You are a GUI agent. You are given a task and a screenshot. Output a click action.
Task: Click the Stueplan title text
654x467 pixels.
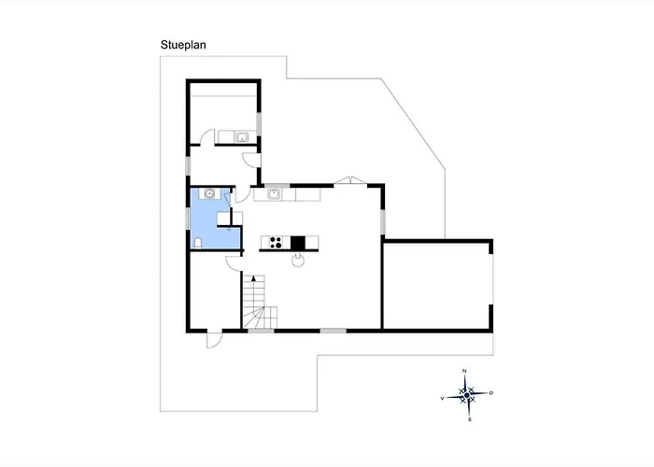(183, 45)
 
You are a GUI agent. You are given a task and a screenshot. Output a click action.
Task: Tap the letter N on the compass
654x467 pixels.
(464, 371)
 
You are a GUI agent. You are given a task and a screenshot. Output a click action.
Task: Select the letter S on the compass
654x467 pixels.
(470, 419)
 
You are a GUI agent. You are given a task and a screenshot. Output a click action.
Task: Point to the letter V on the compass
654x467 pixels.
(442, 399)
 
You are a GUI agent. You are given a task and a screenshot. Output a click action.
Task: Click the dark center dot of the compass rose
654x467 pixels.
(467, 395)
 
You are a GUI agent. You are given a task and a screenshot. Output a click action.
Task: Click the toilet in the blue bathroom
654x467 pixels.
(198, 243)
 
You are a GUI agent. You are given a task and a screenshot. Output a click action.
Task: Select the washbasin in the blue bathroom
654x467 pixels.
(209, 193)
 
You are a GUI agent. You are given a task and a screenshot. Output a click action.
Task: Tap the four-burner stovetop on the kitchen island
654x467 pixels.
(275, 242)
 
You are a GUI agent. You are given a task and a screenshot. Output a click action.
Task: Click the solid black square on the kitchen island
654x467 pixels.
(298, 243)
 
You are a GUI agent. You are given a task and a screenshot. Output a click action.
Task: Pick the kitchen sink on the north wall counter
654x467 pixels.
(274, 194)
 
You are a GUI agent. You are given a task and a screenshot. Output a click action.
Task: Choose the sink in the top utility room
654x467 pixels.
(241, 136)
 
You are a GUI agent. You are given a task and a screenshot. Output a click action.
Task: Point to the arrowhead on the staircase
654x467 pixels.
(253, 278)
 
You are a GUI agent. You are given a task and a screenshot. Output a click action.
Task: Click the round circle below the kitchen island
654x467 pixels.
(298, 261)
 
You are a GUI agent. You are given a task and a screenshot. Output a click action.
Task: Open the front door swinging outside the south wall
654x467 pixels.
(214, 338)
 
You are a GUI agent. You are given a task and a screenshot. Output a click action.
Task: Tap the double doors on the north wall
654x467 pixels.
(350, 180)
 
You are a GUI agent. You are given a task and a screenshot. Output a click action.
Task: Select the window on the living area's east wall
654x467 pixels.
(382, 222)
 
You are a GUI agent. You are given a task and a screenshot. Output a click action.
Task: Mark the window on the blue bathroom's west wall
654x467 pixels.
(188, 218)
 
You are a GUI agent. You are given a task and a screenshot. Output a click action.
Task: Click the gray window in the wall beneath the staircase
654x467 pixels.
(261, 331)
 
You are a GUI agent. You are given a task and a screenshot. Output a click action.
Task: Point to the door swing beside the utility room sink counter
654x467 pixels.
(207, 137)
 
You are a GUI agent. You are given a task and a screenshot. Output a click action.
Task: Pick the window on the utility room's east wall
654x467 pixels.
(259, 123)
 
